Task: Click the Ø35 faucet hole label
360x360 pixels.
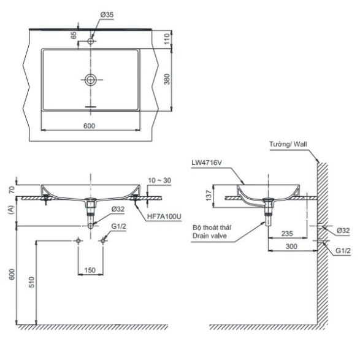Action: [x=107, y=15]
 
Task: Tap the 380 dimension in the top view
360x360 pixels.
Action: [x=167, y=79]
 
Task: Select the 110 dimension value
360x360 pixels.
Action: [x=167, y=39]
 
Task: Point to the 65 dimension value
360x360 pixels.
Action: [x=74, y=36]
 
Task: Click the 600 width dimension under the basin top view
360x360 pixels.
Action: [x=89, y=126]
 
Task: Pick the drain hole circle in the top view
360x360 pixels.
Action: [x=91, y=80]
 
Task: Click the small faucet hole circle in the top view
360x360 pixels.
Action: [x=91, y=41]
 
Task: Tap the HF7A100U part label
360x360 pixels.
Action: [x=164, y=216]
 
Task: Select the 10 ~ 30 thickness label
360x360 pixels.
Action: [x=160, y=180]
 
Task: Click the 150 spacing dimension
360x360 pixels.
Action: [x=90, y=270]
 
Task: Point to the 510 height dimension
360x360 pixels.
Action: [x=31, y=282]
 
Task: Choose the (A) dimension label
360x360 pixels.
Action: [x=11, y=210]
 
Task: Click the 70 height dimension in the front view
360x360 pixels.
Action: [x=12, y=190]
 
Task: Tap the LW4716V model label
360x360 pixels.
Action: [x=207, y=163]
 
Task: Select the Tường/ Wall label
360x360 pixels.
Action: [x=288, y=144]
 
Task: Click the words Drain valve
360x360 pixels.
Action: [x=209, y=236]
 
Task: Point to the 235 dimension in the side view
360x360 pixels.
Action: [x=287, y=234]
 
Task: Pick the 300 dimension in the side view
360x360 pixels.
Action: [x=291, y=247]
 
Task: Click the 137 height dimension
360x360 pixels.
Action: [x=209, y=196]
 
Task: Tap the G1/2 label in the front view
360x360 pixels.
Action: [x=119, y=226]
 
